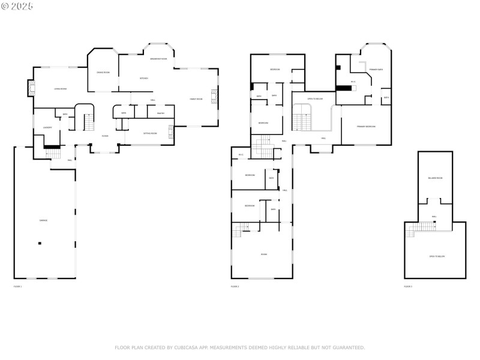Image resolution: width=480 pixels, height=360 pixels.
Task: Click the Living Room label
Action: coord(60,89)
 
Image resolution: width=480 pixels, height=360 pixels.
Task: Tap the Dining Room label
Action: coord(103,73)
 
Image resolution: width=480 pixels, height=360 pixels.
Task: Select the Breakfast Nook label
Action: coord(158,59)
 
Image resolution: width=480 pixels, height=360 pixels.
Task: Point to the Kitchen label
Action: coord(144,78)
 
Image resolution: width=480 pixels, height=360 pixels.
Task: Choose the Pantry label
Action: coord(161,113)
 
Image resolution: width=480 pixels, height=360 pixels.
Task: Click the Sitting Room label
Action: coord(150,133)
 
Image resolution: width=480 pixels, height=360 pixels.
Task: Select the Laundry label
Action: coord(47,127)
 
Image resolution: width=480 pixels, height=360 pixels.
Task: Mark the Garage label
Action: coord(44,220)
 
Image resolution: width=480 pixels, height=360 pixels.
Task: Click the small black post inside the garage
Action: coord(40,243)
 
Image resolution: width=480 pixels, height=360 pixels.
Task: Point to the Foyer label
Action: coord(105,136)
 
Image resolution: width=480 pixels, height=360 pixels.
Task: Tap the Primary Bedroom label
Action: coord(366,127)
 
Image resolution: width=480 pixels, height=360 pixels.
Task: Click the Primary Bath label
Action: coord(376,70)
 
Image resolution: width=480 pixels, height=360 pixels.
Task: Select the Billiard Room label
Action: coord(435,178)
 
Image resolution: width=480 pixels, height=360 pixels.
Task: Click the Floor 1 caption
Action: coord(17,287)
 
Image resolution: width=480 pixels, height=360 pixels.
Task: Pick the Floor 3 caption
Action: coord(408,287)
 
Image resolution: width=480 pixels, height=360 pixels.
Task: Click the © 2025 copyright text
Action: coord(18,6)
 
